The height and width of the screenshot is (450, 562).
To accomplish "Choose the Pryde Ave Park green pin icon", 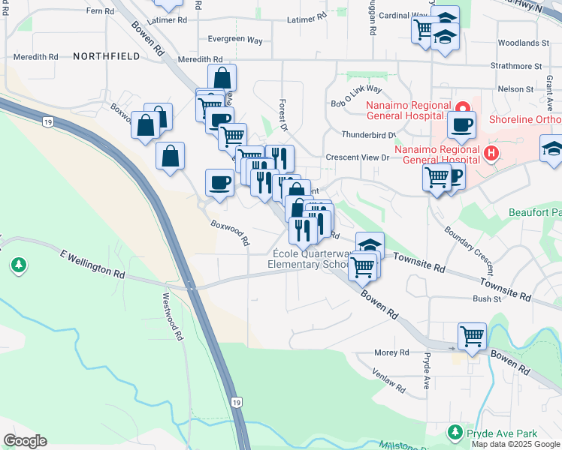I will point(455,433).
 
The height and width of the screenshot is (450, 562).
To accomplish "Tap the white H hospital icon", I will point(491,154).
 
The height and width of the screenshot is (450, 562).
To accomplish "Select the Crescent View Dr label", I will point(358,157).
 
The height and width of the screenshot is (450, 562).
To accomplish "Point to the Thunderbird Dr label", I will point(368,135).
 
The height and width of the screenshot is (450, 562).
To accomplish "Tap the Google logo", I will point(25,441).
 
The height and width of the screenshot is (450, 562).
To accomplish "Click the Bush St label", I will point(487,298).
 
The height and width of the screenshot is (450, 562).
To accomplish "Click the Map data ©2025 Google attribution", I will point(516,443).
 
